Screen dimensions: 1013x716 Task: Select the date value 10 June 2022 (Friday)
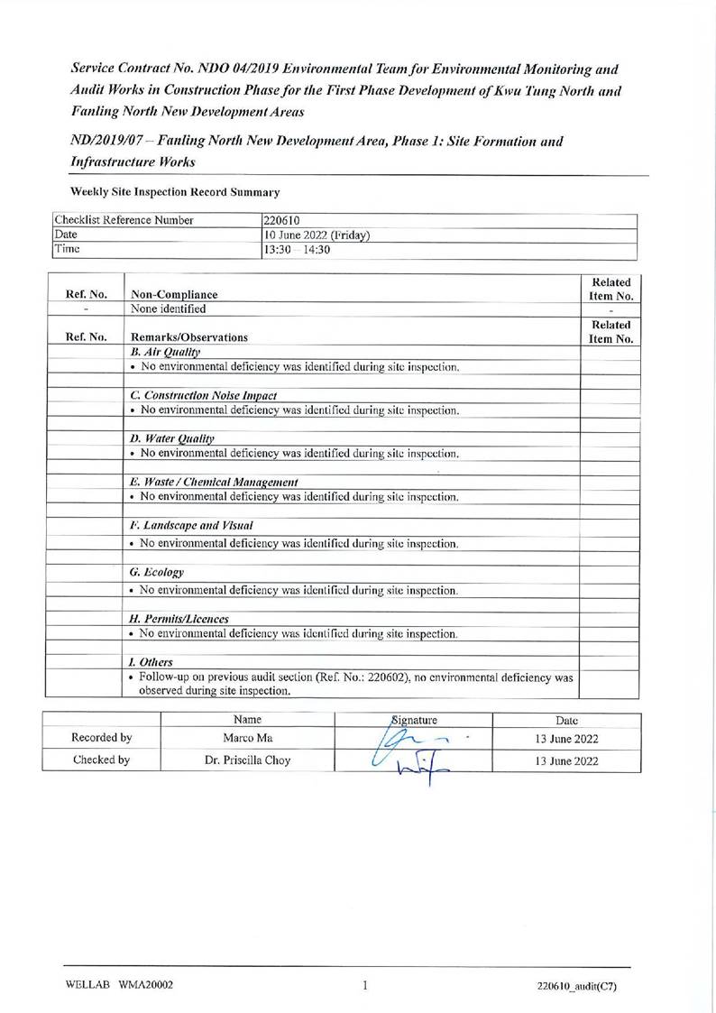pos(317,235)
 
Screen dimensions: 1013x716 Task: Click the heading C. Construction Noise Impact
pos(203,395)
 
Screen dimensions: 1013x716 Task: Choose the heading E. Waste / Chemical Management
pos(215,482)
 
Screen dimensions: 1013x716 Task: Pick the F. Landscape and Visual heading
pos(191,525)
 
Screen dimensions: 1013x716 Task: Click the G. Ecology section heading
pos(157,572)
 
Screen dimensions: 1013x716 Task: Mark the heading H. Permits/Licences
pos(179,619)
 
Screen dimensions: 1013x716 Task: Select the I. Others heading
pos(151,662)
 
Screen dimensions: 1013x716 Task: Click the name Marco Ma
pos(246,739)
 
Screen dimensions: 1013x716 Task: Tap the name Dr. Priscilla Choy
pos(246,760)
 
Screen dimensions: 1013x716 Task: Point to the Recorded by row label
pos(102,739)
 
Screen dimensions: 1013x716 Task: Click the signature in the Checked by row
pos(415,764)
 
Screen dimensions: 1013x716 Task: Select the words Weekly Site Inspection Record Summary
pos(174,191)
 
